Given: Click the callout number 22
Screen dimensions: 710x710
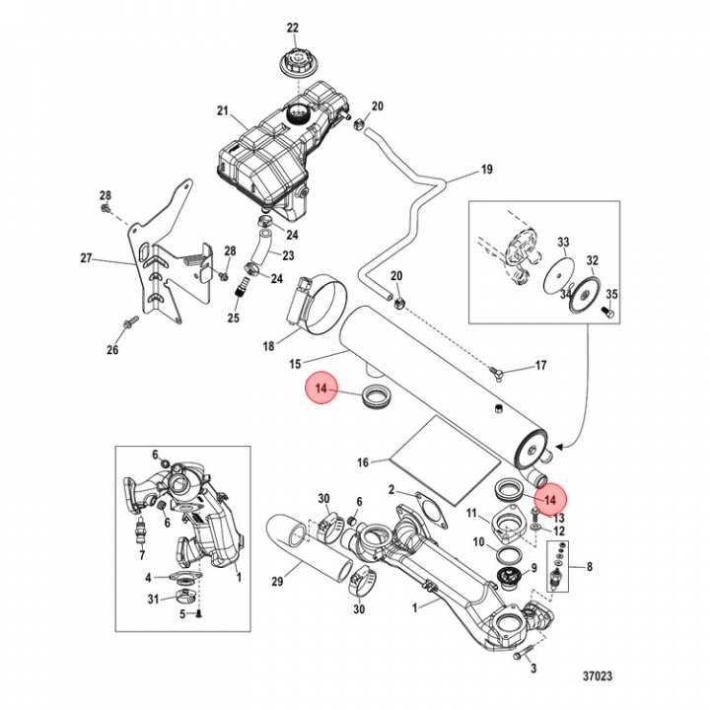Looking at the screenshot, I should click(292, 27).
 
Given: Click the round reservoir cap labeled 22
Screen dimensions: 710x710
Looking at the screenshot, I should click(293, 65).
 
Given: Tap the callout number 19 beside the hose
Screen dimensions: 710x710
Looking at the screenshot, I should click(486, 170).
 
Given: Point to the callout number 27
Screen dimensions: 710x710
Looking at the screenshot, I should click(86, 259).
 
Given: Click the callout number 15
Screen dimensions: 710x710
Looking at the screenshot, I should click(294, 364).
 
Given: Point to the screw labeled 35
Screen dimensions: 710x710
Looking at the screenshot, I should click(609, 313).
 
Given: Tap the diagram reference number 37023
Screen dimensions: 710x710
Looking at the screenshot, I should click(595, 676).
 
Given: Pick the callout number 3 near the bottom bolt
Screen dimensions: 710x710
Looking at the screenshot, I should click(532, 670).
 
